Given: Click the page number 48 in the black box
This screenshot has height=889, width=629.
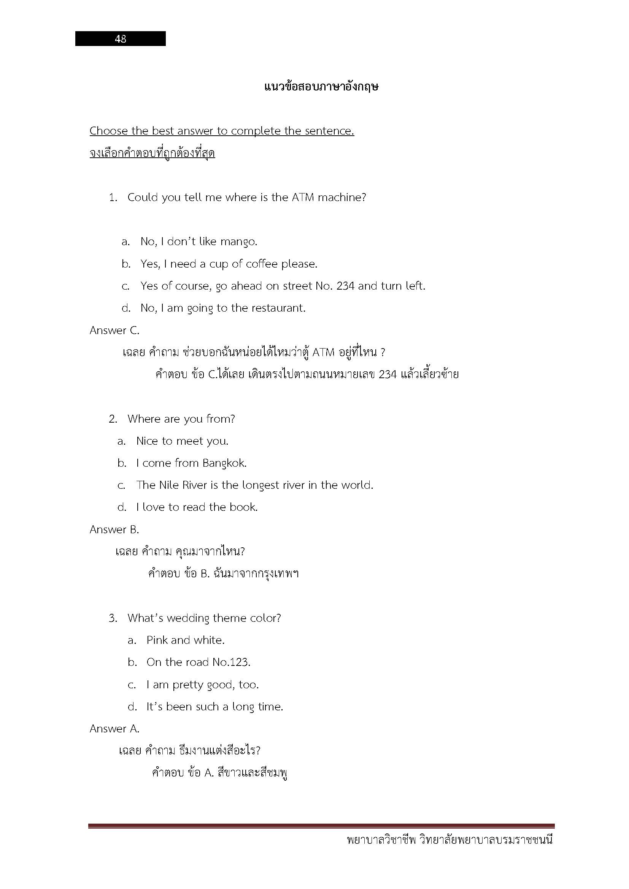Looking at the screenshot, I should click(x=121, y=39).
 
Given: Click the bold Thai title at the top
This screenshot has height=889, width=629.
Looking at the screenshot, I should click(x=321, y=87).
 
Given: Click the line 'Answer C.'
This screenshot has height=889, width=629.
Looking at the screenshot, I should click(x=114, y=331).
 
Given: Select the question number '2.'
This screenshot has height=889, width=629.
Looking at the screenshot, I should click(x=113, y=419).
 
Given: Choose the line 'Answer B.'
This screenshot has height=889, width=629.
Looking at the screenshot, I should click(x=114, y=530).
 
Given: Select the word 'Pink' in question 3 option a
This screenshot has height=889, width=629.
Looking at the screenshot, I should click(x=157, y=640).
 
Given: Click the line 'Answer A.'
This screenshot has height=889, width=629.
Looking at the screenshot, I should click(x=114, y=729).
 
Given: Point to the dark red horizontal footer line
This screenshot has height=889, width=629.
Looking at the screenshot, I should click(x=321, y=826).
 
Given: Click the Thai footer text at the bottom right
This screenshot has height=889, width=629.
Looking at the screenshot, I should click(x=450, y=841).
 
